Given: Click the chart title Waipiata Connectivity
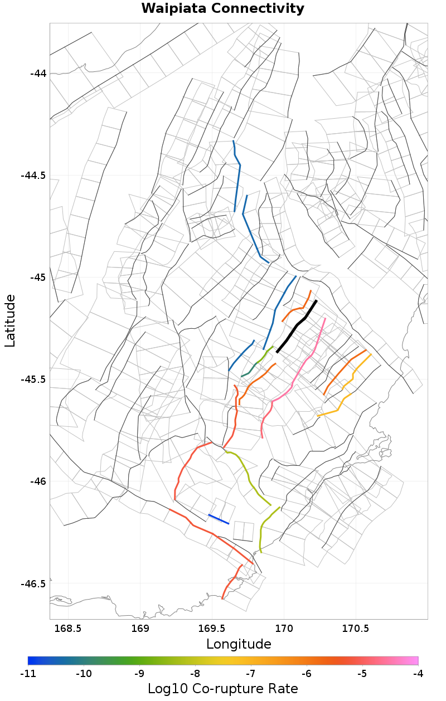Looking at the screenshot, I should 223,9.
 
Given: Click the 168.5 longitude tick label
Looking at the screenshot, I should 68,629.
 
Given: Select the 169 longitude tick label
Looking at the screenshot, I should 140,629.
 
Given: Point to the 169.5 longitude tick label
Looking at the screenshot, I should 212,629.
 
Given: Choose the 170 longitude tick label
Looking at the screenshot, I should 284,629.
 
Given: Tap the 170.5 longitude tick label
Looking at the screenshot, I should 356,629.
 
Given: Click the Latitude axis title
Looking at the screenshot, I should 10,321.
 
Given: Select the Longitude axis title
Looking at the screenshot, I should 239,644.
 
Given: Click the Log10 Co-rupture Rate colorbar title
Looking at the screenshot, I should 223,689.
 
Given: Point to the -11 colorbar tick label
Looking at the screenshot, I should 28,674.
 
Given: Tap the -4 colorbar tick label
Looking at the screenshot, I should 418,674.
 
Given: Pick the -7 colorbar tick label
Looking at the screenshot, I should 251,674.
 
